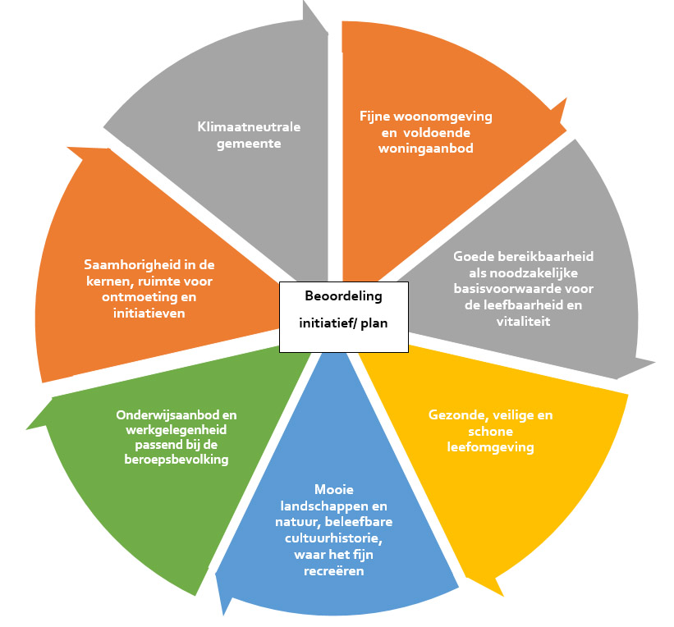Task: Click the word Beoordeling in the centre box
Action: click(x=343, y=296)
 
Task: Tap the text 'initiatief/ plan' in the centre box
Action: click(x=343, y=323)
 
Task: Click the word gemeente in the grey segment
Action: click(x=249, y=143)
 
